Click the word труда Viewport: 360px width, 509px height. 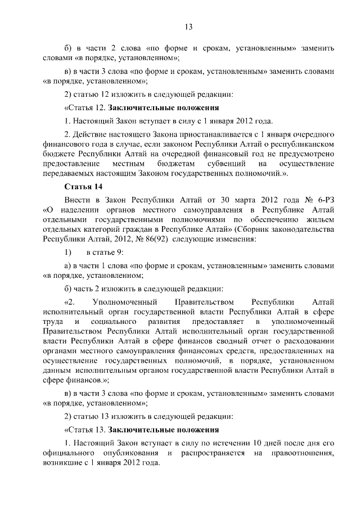pos(52,320)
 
